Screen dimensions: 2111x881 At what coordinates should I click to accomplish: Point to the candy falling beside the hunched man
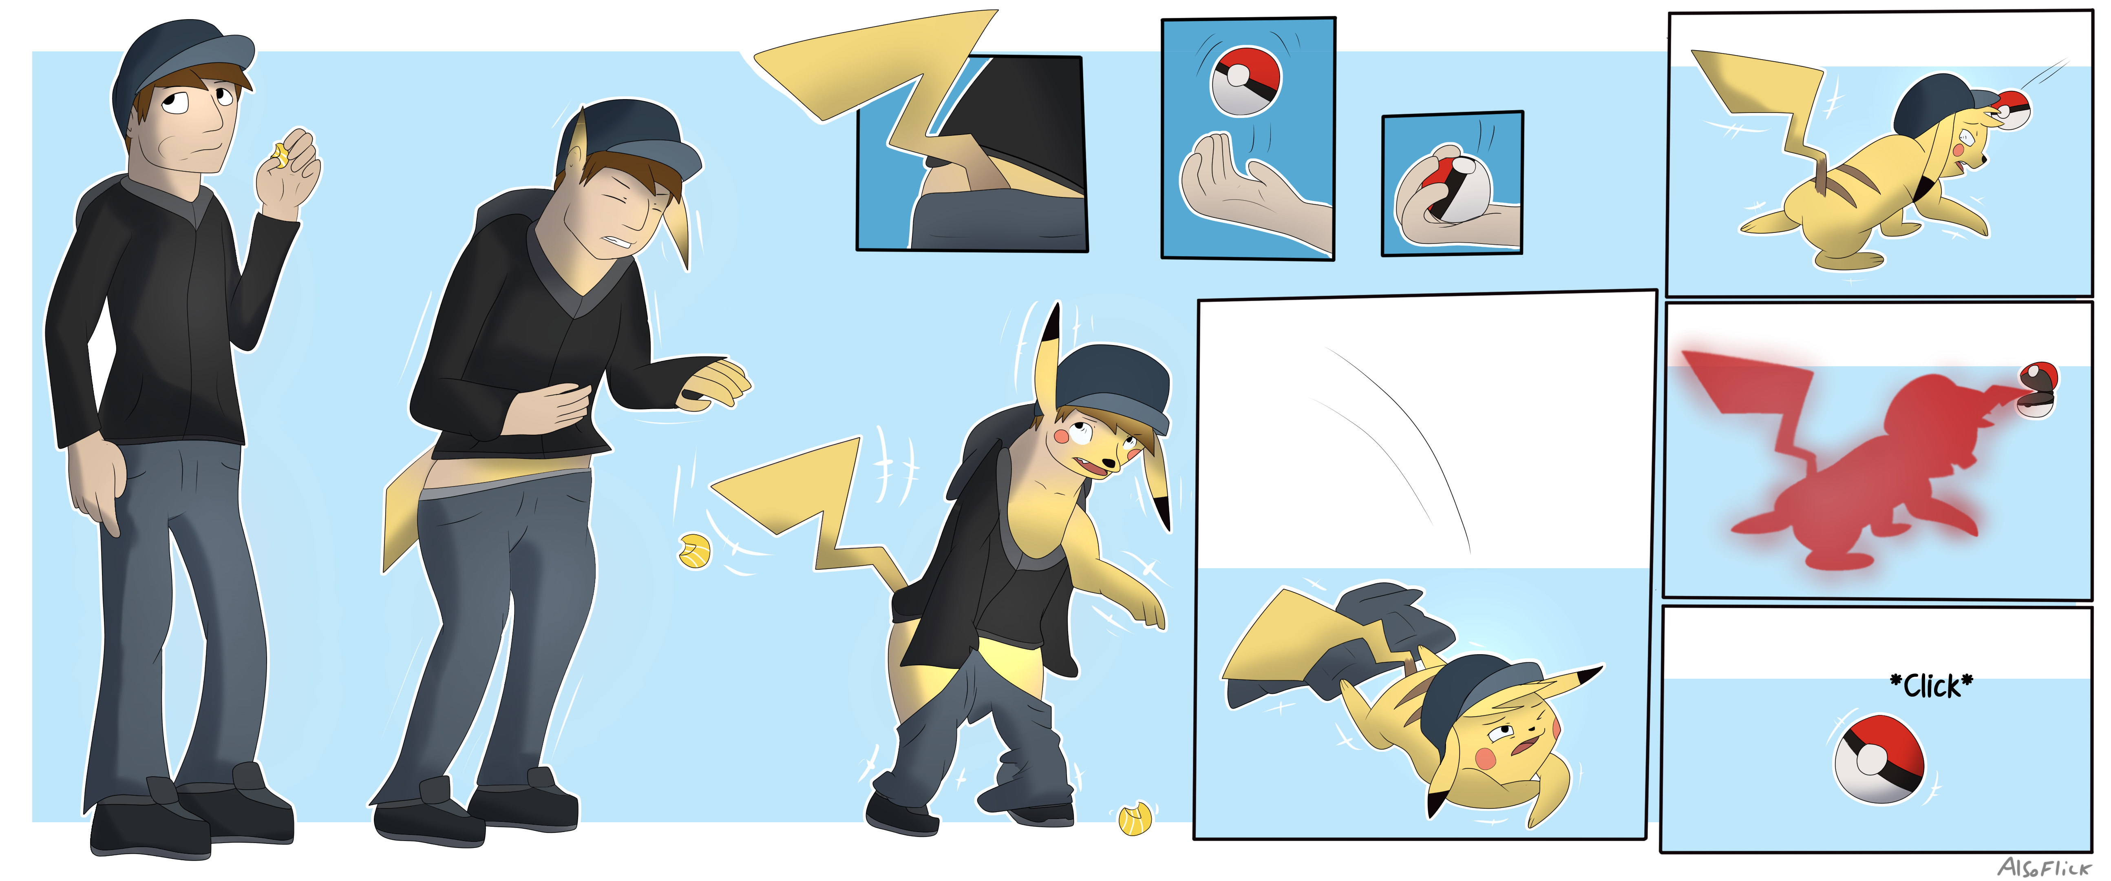(x=695, y=551)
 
